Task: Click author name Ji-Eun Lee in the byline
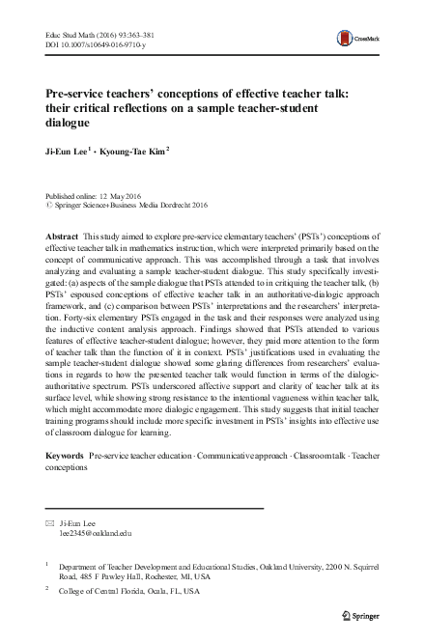coord(66,151)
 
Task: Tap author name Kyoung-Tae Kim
coord(130,151)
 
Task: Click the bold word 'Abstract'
coord(63,237)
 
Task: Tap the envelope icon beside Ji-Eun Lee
coord(50,520)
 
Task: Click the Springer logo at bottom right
coord(362,614)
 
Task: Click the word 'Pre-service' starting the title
coord(79,93)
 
